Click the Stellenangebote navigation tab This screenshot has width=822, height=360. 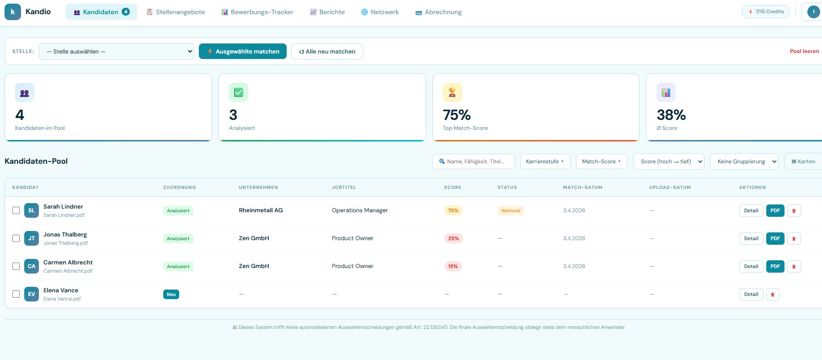pos(176,12)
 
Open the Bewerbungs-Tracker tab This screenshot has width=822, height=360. pos(257,12)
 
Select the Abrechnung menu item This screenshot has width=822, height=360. pos(438,12)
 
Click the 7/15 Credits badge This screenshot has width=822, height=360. pos(765,11)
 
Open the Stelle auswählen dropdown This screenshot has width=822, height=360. pos(117,51)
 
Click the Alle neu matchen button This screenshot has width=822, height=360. pos(327,51)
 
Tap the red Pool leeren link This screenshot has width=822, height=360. pos(804,51)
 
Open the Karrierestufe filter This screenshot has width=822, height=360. pos(545,161)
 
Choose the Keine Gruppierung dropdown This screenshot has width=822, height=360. pos(744,161)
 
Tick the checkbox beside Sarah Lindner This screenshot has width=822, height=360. pos(16,210)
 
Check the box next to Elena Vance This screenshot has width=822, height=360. pos(16,294)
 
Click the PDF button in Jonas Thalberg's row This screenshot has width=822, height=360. pos(775,238)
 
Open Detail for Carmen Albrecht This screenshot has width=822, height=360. pos(751,266)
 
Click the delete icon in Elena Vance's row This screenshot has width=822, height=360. pos(773,294)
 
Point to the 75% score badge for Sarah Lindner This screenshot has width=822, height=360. pos(453,210)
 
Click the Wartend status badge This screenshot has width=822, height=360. pos(511,210)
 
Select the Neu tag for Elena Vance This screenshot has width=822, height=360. pos(171,294)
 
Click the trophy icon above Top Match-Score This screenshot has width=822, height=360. pos(452,92)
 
